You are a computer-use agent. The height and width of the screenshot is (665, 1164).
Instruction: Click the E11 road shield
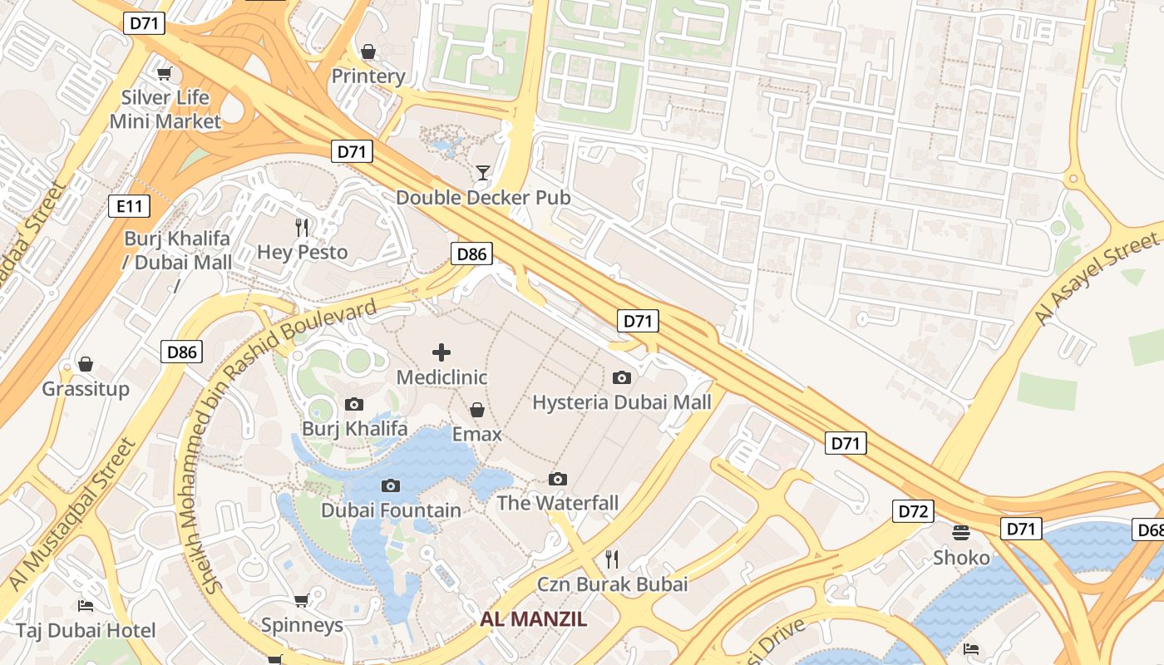(x=128, y=206)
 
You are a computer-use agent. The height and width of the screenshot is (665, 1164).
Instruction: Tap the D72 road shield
(x=913, y=511)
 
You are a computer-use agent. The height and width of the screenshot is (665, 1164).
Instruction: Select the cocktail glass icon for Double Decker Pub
(x=482, y=173)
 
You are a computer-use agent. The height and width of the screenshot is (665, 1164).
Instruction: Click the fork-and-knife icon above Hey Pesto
(x=302, y=227)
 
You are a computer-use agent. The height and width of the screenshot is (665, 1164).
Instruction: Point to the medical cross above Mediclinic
(x=441, y=352)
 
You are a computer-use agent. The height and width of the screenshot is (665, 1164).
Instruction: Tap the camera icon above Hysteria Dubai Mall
(x=621, y=378)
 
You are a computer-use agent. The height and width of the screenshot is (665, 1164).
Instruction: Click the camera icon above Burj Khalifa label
(x=354, y=405)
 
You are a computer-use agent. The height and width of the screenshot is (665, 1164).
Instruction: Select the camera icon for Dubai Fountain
(x=390, y=485)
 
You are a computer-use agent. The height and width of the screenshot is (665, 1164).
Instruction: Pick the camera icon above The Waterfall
(x=557, y=479)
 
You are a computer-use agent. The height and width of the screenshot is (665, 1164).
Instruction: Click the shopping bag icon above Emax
(x=477, y=410)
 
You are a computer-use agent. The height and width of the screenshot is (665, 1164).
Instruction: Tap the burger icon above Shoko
(x=961, y=532)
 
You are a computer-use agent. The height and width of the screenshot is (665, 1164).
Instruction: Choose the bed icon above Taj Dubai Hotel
(x=85, y=605)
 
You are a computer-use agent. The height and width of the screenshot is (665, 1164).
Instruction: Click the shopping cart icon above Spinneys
(x=301, y=600)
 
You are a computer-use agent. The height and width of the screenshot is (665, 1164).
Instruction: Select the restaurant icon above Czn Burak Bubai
(x=612, y=558)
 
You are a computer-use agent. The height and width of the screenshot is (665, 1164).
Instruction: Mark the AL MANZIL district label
(x=533, y=619)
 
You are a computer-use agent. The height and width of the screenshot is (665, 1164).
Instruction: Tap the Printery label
(x=367, y=76)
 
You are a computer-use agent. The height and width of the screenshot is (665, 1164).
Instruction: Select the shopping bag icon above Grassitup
(x=85, y=364)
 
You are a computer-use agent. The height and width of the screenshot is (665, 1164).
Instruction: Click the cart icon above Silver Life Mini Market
(x=165, y=73)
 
